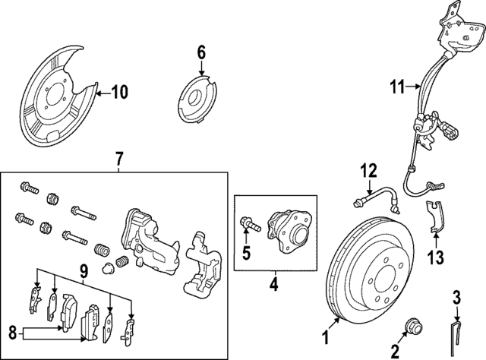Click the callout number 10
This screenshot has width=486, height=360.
point(120,93)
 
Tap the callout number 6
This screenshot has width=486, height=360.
point(201,52)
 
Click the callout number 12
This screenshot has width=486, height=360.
point(368,170)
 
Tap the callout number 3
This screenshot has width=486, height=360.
point(456,295)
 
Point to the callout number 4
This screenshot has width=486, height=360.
point(274,286)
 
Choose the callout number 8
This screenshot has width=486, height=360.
point(12,331)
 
